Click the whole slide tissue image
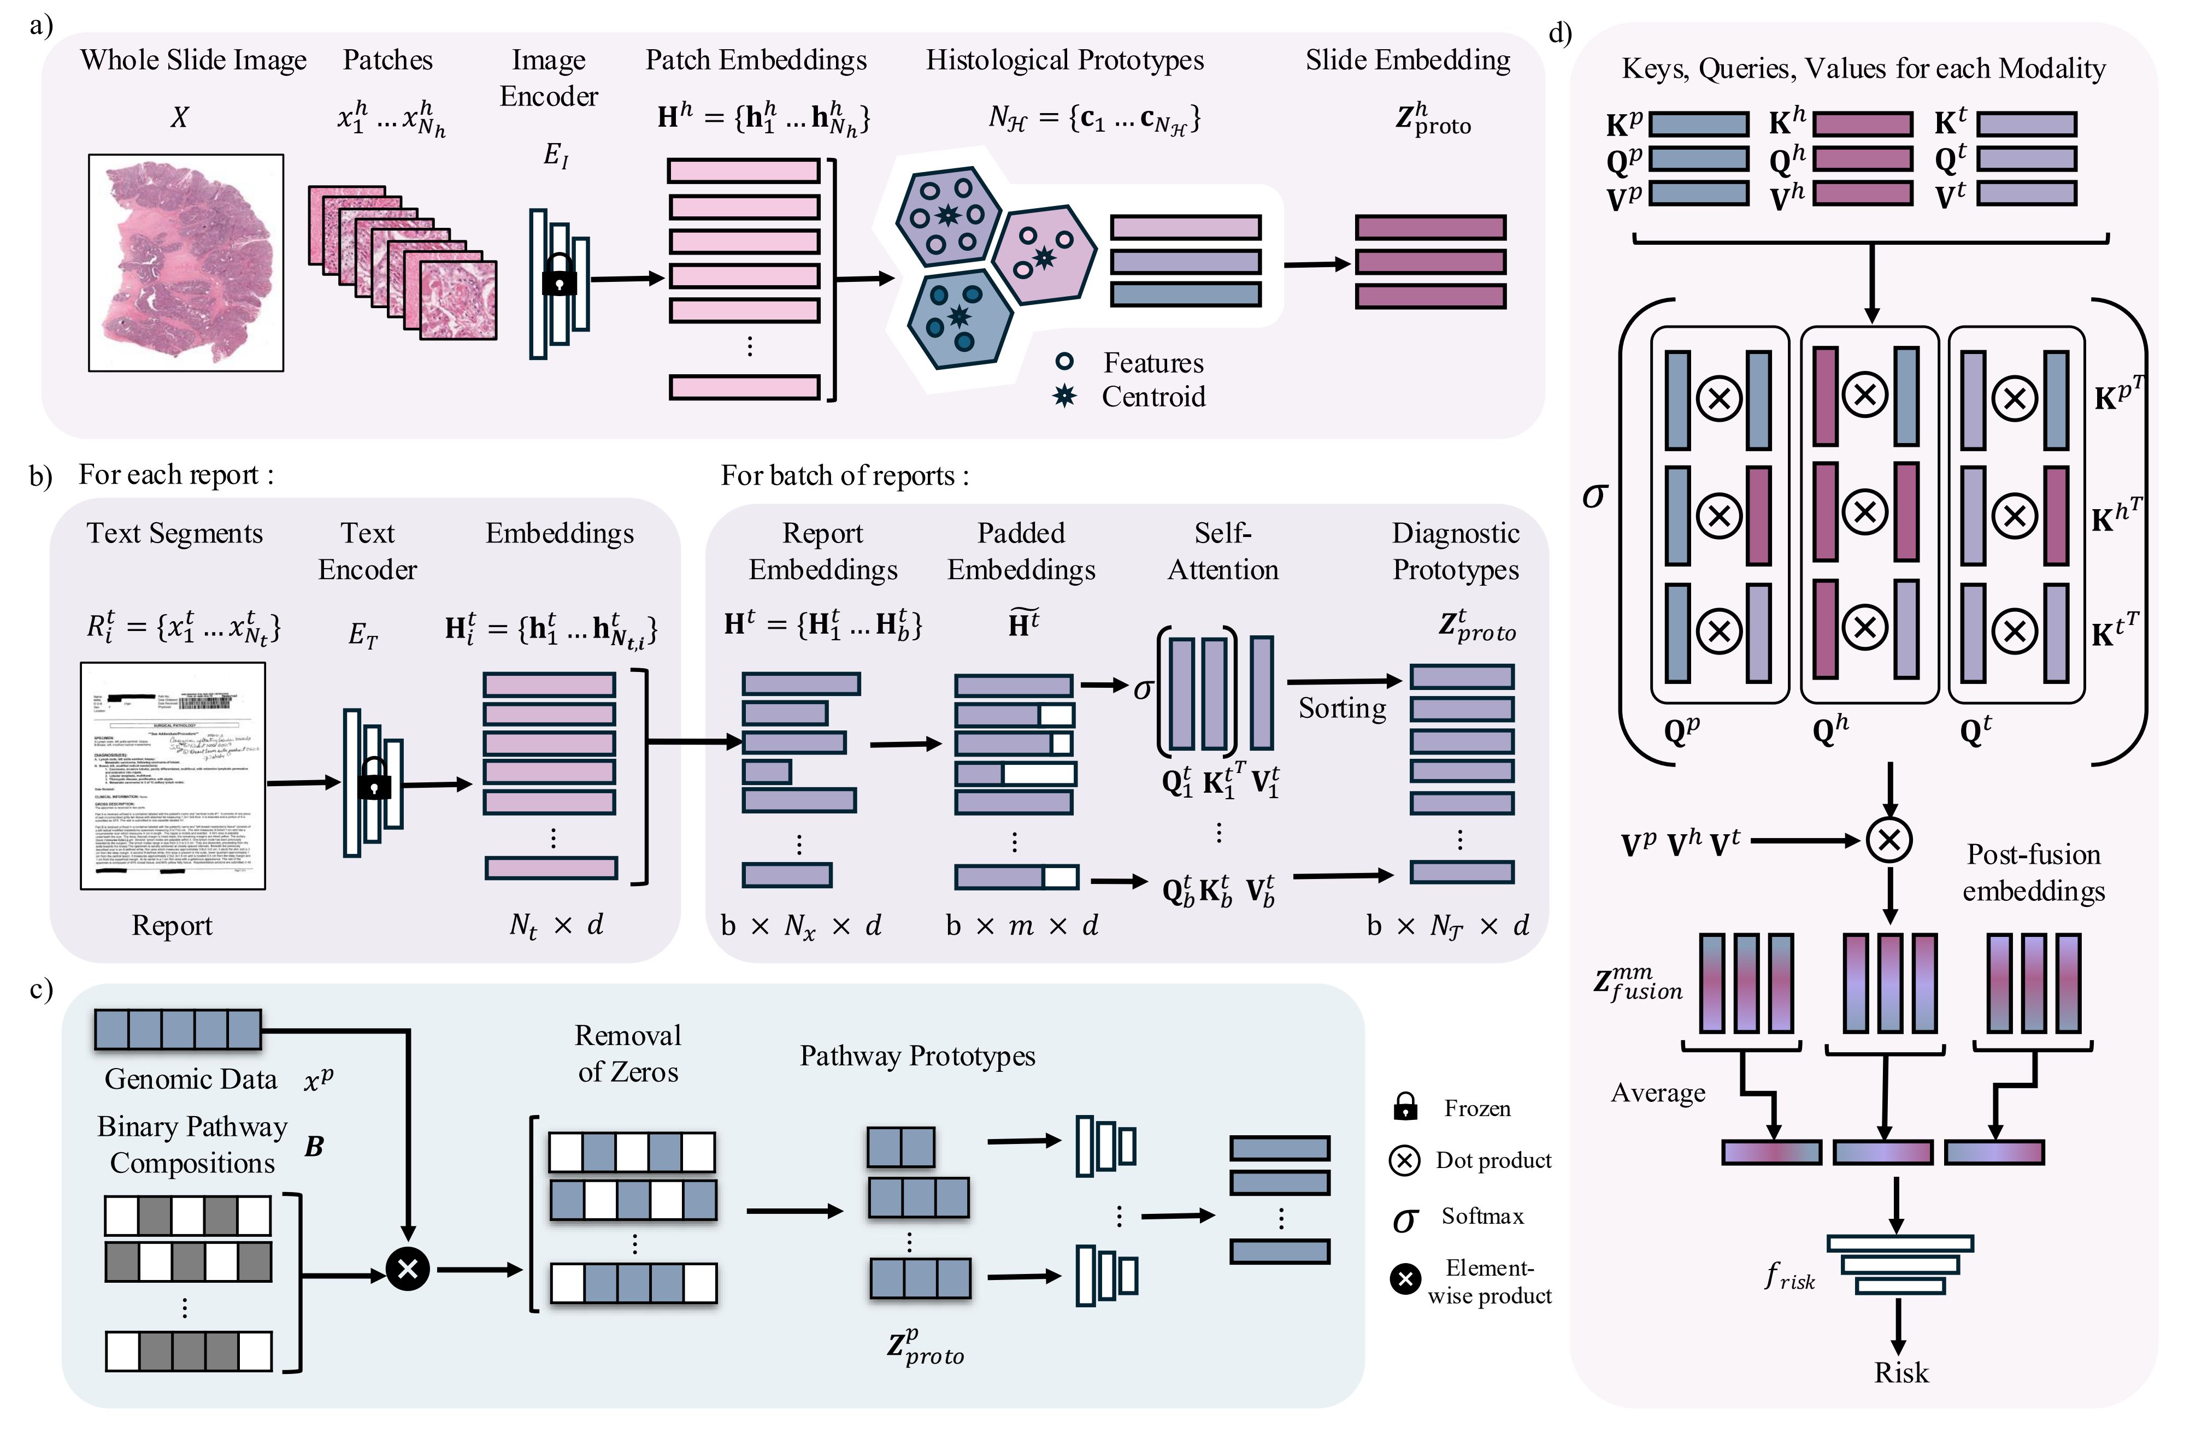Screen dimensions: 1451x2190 coord(186,263)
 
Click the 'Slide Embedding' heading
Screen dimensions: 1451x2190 coord(1407,60)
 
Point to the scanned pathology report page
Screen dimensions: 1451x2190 coord(173,775)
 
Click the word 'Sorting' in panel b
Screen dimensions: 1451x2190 coord(1342,708)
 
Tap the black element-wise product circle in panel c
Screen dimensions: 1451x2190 coord(407,1269)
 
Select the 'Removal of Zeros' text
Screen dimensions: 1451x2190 coord(628,1054)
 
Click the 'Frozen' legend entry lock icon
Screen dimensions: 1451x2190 coord(1405,1107)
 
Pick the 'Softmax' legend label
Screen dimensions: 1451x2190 coord(1482,1216)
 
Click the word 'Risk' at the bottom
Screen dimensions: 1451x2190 coord(1900,1372)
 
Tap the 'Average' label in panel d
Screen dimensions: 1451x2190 coord(1658,1093)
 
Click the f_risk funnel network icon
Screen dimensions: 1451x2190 coord(1899,1264)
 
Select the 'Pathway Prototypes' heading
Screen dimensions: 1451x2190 coord(917,1056)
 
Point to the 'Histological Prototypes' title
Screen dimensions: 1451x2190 coord(1064,60)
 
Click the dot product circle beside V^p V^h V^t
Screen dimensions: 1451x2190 coord(1889,840)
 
